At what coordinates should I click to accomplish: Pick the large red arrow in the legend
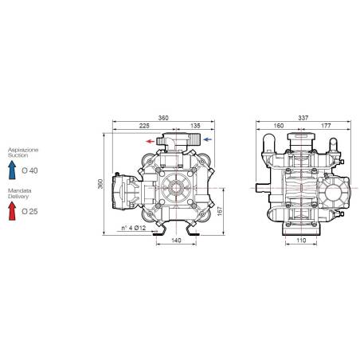click(x=11, y=210)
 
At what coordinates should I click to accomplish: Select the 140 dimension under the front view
click(x=176, y=240)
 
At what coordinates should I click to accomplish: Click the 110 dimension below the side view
click(x=301, y=240)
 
